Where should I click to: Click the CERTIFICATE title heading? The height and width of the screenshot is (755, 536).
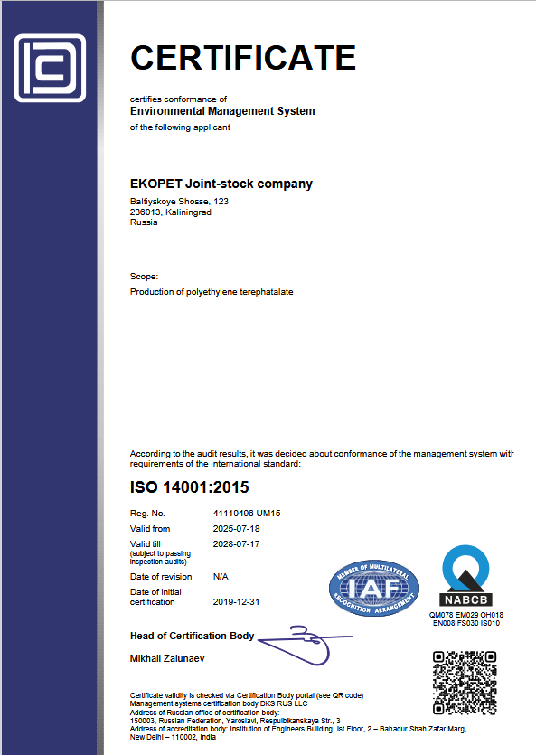[x=243, y=57]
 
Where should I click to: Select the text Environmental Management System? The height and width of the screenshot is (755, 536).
[x=222, y=111]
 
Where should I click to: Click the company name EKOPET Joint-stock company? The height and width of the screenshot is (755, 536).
[x=221, y=184]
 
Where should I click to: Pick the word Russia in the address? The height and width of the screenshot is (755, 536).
[x=144, y=222]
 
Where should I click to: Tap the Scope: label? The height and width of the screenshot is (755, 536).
[x=145, y=276]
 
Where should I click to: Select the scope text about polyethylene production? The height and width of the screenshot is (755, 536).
[x=212, y=292]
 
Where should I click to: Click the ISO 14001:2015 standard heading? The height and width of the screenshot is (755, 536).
[x=189, y=488]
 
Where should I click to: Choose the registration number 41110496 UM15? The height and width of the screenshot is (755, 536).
[x=247, y=514]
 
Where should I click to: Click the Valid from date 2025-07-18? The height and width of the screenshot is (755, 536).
[x=236, y=529]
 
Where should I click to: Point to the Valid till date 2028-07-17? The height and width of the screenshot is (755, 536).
[x=236, y=544]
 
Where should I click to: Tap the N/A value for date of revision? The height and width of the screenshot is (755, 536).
[x=221, y=576]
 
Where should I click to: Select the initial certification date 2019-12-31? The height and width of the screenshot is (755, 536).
[x=236, y=601]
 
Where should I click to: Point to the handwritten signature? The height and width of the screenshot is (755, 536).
[x=303, y=639]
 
